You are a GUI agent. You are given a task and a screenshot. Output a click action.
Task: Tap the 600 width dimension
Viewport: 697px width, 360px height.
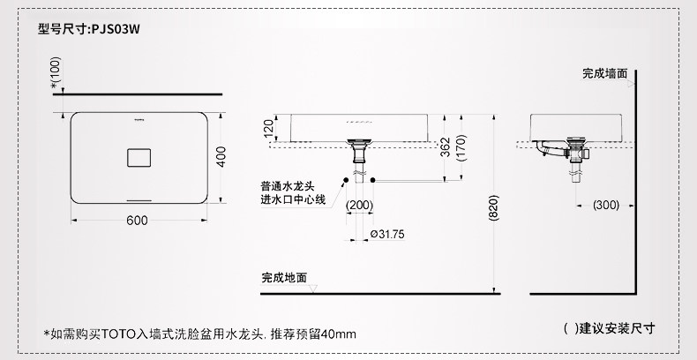[x=136, y=220]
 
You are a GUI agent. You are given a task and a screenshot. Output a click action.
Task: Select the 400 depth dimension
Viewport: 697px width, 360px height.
[x=221, y=156]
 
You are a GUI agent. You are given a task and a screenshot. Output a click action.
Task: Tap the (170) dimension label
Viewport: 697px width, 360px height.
[x=461, y=150]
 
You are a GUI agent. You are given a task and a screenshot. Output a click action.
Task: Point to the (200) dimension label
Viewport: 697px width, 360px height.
[x=359, y=205]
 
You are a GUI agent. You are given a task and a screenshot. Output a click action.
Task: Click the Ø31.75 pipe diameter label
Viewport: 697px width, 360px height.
[x=387, y=234]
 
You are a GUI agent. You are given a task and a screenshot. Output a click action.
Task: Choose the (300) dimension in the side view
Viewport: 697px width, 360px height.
[x=605, y=205]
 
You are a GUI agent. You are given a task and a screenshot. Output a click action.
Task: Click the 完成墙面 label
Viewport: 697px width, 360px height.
[x=604, y=74]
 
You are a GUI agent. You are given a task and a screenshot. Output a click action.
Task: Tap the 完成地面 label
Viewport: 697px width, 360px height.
[x=284, y=277]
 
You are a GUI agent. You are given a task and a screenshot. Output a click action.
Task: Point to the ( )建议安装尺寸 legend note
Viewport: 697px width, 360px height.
[x=609, y=328]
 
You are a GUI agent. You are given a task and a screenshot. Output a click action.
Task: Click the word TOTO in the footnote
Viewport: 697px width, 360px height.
[x=114, y=334]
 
